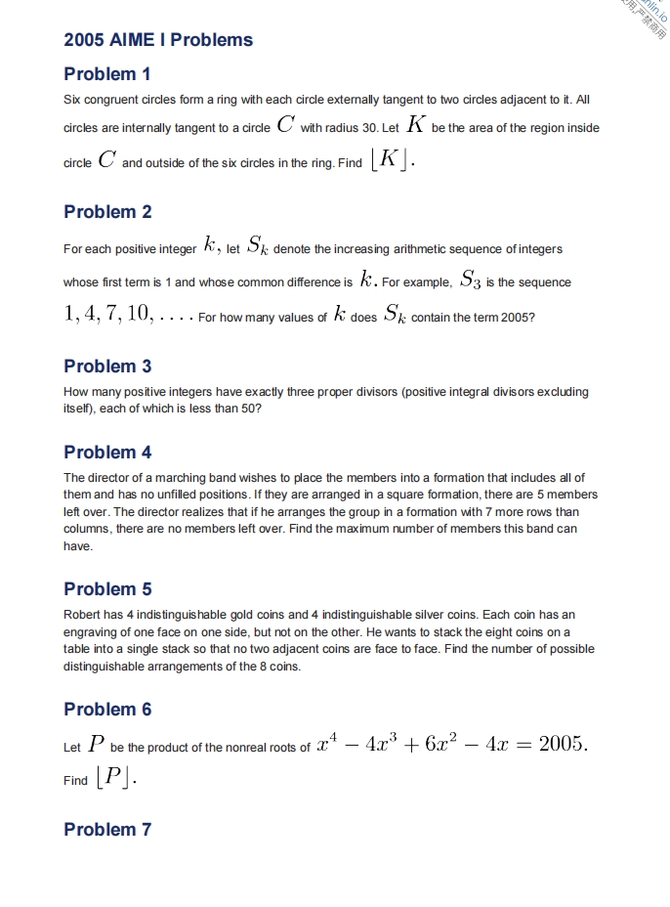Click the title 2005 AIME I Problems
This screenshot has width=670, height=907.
[158, 40]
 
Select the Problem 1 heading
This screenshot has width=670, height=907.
[107, 74]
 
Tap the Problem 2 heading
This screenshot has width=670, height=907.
[107, 212]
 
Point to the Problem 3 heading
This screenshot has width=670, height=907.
[107, 367]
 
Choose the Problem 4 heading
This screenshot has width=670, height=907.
[107, 453]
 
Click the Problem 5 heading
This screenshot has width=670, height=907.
[107, 589]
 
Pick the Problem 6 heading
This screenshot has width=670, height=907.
[107, 710]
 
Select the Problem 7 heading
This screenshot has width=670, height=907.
[107, 830]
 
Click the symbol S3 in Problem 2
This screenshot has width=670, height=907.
[470, 281]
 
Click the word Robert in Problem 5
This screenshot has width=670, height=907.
[81, 615]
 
